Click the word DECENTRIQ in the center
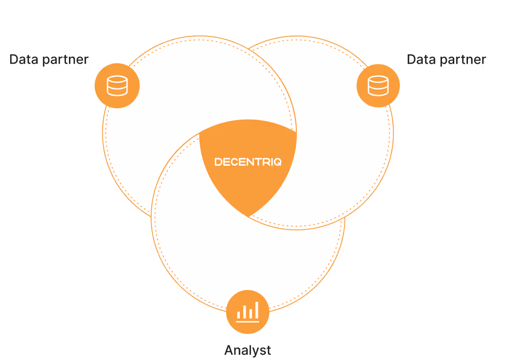(248, 162)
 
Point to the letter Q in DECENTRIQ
(278, 162)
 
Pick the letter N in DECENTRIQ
(247, 162)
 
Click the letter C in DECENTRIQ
(233, 162)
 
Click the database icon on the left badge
(117, 86)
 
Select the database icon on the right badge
(378, 86)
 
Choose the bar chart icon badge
(248, 312)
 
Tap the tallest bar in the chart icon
(257, 310)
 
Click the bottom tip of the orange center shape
(249, 216)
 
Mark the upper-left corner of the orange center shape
(200, 133)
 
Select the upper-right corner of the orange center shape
(296, 131)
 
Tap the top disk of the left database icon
(117, 80)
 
